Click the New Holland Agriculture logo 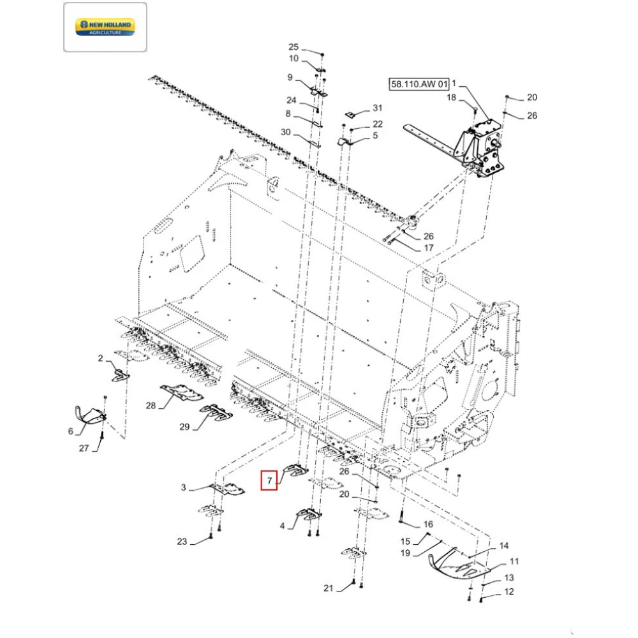click(x=105, y=27)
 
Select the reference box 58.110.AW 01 click(x=417, y=84)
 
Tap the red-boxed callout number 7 click(x=269, y=480)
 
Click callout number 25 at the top click(x=293, y=47)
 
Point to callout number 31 click(x=377, y=108)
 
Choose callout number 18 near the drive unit click(x=451, y=98)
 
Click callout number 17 click(x=429, y=248)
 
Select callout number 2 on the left click(x=100, y=359)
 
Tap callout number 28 click(x=151, y=406)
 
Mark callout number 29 click(x=184, y=427)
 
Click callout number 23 click(x=182, y=542)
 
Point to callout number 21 click(x=328, y=588)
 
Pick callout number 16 click(x=428, y=524)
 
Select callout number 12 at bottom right click(x=508, y=591)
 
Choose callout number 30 click(x=285, y=132)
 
